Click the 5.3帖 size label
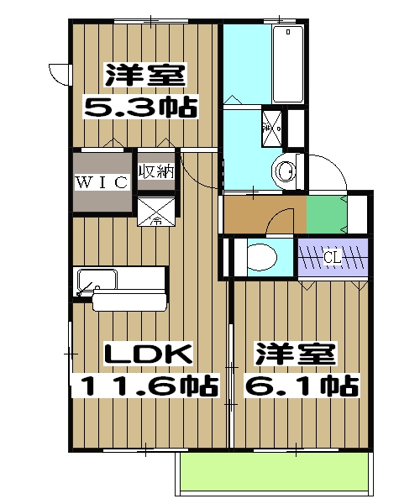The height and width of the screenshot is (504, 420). click(x=139, y=107)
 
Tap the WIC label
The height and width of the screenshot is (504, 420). click(x=102, y=181)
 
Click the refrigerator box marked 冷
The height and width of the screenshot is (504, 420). click(x=156, y=211)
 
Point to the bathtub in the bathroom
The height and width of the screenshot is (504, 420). click(x=288, y=63)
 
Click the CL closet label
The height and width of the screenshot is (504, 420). click(x=333, y=257)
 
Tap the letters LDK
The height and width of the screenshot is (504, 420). click(x=148, y=354)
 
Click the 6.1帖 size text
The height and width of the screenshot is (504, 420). click(x=300, y=386)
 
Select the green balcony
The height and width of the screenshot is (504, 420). click(x=274, y=475)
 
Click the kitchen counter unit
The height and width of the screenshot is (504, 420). click(x=122, y=286)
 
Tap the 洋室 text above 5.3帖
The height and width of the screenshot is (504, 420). click(x=144, y=75)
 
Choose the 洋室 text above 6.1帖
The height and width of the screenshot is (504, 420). click(x=296, y=354)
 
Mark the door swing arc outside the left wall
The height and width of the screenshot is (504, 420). click(x=59, y=74)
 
